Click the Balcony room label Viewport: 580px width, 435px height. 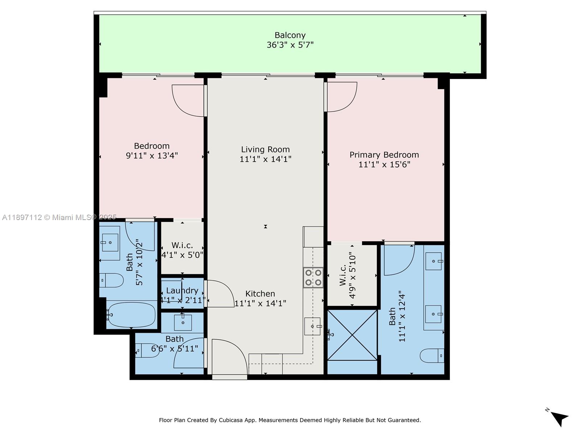[x=290, y=35]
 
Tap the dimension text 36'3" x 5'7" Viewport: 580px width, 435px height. [x=290, y=45]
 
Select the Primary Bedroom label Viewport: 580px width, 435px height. [x=384, y=155]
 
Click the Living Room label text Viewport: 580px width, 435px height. [x=265, y=149]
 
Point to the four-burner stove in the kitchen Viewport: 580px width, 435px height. [x=313, y=277]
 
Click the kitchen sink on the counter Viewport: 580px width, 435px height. [x=312, y=326]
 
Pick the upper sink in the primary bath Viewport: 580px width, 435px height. [x=434, y=261]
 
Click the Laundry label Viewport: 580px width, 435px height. [x=182, y=290]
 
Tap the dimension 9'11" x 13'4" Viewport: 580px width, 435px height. [x=152, y=156]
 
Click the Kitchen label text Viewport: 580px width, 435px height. [x=260, y=294]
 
